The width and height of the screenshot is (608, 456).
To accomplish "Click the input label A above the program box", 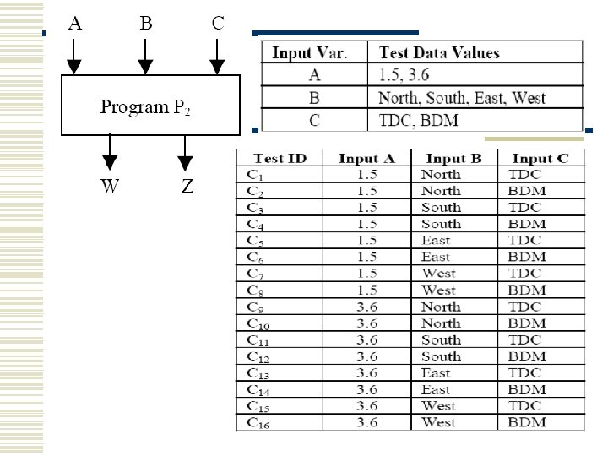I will coord(75,24).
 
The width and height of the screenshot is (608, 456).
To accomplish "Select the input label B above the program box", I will coord(146,24).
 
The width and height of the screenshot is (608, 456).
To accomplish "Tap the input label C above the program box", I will coord(218,24).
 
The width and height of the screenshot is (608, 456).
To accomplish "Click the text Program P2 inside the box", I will coord(145,107).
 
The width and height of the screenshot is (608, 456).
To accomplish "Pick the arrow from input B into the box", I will coord(146,56).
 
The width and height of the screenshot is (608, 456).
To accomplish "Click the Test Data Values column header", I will coord(439,52).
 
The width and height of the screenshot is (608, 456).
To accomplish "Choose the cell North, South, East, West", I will coord(462,98).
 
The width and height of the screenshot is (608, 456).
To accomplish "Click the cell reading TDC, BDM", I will coord(419,120).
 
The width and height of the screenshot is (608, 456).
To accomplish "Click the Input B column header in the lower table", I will coord(454,158).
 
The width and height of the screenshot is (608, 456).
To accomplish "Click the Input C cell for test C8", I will coord(527,290).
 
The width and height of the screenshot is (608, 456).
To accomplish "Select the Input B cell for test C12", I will coord(441,356).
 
